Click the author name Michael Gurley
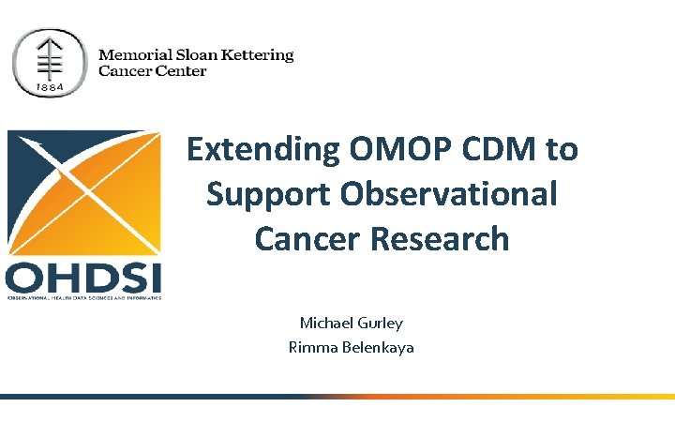pos(351,323)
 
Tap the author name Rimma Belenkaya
pos(351,347)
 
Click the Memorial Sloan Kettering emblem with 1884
pos(50,62)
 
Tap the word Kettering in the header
pos(260,54)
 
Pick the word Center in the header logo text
pos(181,71)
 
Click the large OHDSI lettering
pos(84,278)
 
